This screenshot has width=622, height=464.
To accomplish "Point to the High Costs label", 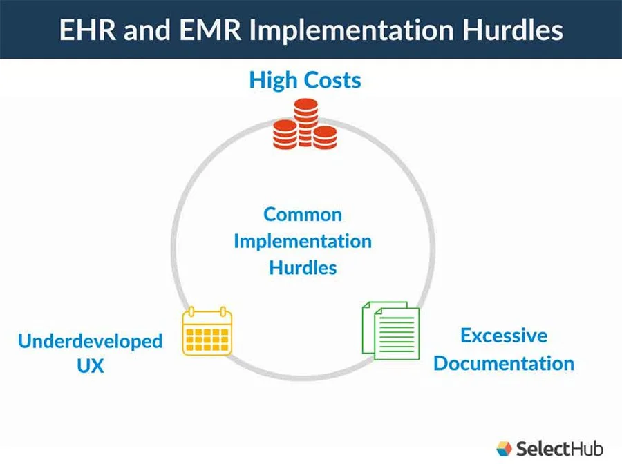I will pyautogui.click(x=305, y=80).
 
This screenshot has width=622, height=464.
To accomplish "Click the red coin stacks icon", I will pyautogui.click(x=304, y=125).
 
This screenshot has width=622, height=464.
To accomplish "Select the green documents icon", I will pyautogui.click(x=391, y=329).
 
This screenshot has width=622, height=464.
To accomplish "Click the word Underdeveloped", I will pyautogui.click(x=91, y=341).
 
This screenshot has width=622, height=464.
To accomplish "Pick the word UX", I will pyautogui.click(x=91, y=366).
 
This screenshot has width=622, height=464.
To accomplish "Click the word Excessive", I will pyautogui.click(x=504, y=336).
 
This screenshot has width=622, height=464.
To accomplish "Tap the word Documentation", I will pyautogui.click(x=504, y=363).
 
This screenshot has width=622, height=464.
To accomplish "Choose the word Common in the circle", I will pyautogui.click(x=303, y=214).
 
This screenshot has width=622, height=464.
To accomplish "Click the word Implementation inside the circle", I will pyautogui.click(x=303, y=241).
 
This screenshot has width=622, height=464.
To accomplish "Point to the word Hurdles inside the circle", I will pyautogui.click(x=303, y=267).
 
